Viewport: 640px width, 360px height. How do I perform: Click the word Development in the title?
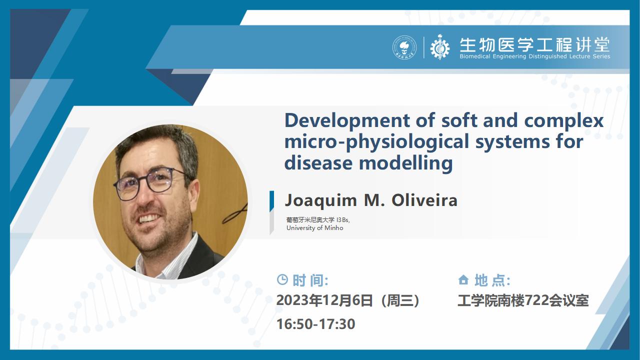point(347,121)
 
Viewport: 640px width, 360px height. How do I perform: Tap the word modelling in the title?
point(405,163)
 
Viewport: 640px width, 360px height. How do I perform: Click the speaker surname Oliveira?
point(424,200)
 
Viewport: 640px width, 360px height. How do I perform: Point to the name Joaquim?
point(321,201)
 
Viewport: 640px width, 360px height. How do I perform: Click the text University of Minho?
point(315,228)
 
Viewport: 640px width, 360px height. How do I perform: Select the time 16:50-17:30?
point(315,324)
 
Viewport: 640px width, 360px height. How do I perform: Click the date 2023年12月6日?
point(324,300)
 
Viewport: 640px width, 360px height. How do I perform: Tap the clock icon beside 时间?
point(282,279)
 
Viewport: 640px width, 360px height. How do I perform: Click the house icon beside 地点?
point(463,279)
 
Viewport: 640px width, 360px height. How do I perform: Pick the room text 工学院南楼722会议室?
point(523,300)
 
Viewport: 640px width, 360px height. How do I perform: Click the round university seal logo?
point(404,47)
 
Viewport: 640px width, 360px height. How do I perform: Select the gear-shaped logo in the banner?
point(440,47)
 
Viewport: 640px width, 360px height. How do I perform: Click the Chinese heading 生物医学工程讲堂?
point(535,45)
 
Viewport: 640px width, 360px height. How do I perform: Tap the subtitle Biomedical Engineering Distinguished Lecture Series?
point(535,56)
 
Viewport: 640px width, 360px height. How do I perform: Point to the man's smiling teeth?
point(148,218)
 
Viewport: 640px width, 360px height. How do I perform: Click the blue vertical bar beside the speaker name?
point(271,201)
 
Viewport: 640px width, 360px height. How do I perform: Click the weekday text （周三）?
point(400,300)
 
